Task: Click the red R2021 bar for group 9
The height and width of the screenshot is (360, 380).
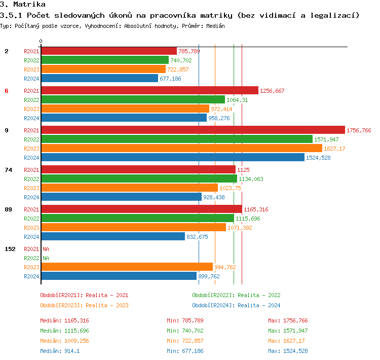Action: click(x=193, y=130)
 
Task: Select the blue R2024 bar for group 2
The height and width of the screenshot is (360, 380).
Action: click(x=99, y=78)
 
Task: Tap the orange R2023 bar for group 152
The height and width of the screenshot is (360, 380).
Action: click(x=127, y=267)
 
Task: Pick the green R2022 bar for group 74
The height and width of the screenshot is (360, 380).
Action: click(x=139, y=178)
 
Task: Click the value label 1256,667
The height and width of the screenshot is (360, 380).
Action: click(x=272, y=91)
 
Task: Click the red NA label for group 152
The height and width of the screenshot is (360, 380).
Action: click(x=46, y=249)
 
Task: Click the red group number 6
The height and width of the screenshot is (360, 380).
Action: click(x=7, y=91)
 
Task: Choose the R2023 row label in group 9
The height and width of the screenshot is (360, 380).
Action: click(x=31, y=149)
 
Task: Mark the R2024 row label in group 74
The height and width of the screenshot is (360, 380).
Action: click(x=31, y=197)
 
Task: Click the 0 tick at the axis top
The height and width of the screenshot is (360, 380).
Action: click(x=41, y=41)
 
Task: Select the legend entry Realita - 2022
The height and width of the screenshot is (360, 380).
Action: click(x=236, y=295)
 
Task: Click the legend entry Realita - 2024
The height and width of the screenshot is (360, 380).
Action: click(x=236, y=305)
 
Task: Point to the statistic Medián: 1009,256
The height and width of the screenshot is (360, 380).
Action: click(x=64, y=341)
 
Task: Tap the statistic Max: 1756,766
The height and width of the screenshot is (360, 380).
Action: click(x=288, y=320)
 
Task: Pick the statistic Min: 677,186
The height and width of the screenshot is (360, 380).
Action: click(x=185, y=351)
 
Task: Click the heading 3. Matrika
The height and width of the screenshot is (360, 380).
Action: click(x=23, y=5)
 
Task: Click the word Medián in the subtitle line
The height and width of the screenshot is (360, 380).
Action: click(x=215, y=25)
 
